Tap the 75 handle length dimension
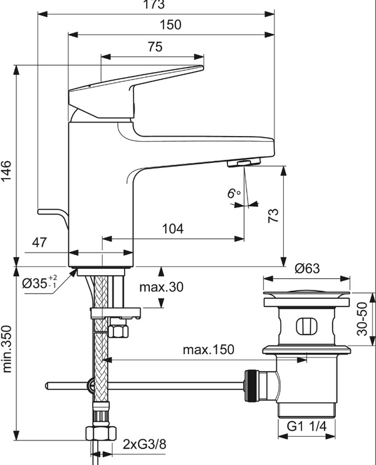pyautogui.click(x=155, y=47)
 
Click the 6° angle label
pyautogui.click(x=234, y=194)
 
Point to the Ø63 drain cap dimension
pyautogui.click(x=308, y=268)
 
